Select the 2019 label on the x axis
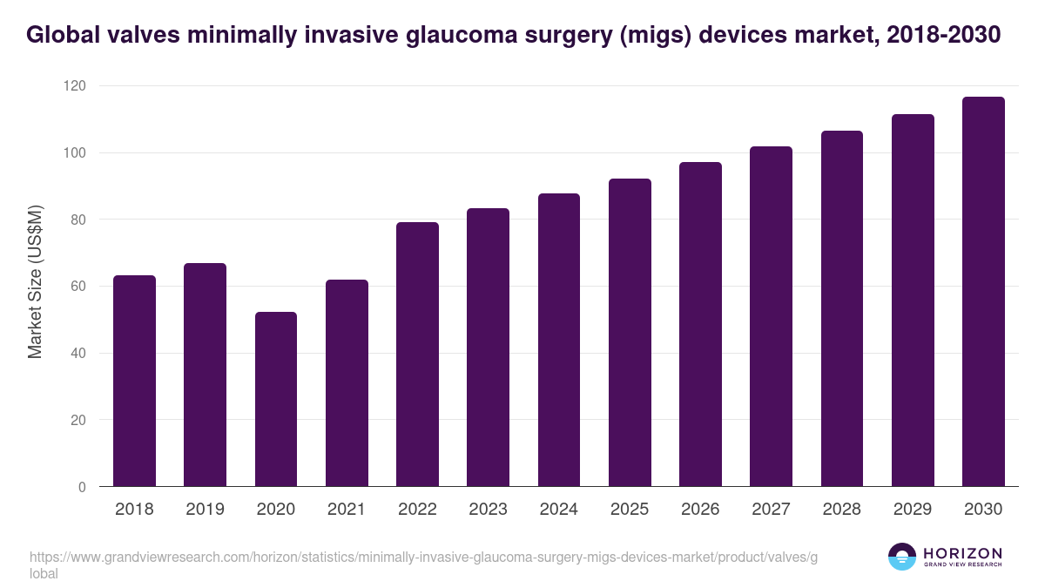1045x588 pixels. [205, 509]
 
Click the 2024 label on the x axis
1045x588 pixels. [558, 509]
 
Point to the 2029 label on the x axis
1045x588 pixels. [913, 509]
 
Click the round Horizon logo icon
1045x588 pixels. [902, 557]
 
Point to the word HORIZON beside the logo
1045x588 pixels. [962, 553]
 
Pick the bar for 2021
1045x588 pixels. [347, 383]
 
